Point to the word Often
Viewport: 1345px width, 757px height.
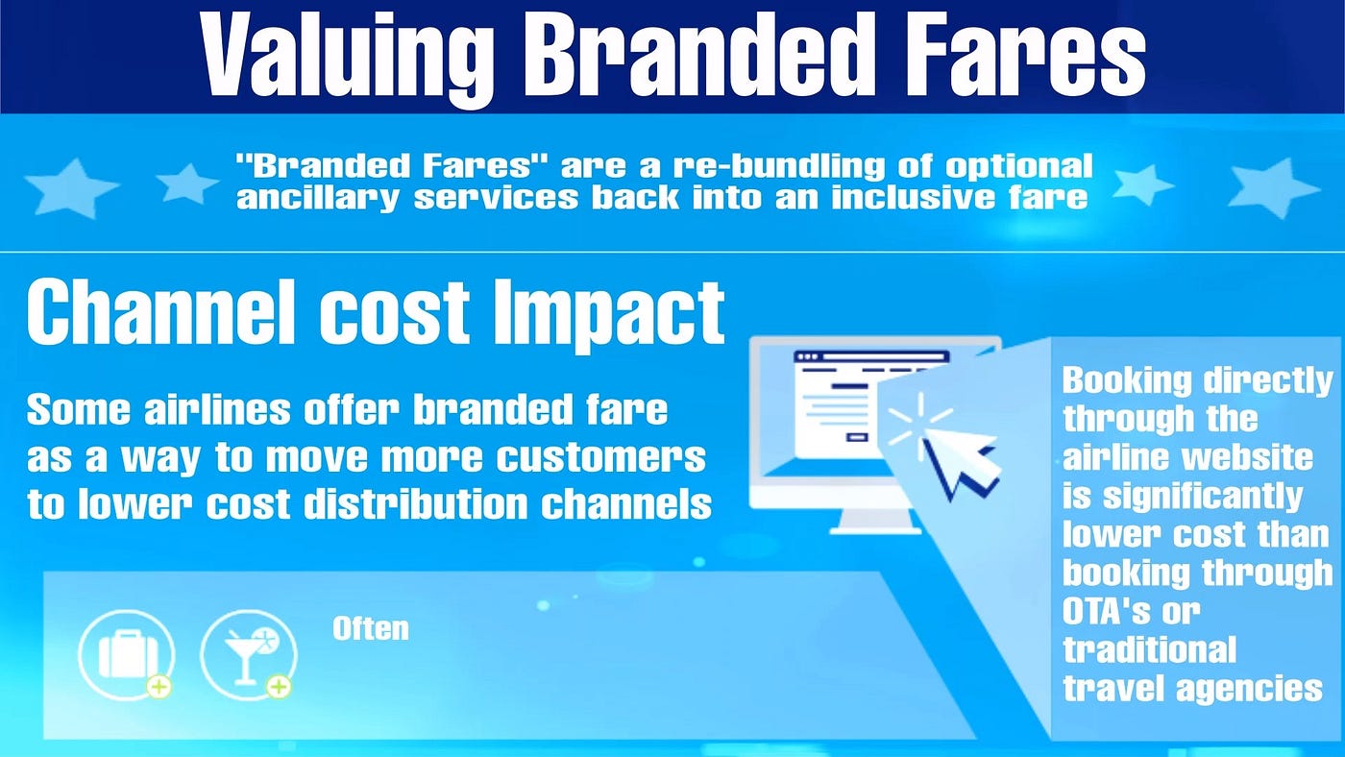click(x=371, y=628)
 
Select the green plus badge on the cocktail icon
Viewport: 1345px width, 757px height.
click(x=279, y=687)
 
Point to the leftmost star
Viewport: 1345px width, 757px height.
click(x=70, y=188)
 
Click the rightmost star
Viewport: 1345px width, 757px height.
click(x=1274, y=188)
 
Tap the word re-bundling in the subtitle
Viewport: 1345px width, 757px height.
click(x=778, y=166)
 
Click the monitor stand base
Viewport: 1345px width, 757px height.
click(x=875, y=530)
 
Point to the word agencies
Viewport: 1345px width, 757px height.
click(x=1250, y=690)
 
